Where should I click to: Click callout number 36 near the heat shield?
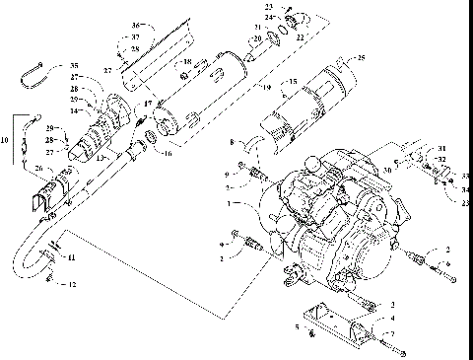click(137, 25)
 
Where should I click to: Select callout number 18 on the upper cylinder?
click(184, 62)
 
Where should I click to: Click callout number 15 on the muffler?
click(293, 83)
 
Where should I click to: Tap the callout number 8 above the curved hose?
click(233, 143)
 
